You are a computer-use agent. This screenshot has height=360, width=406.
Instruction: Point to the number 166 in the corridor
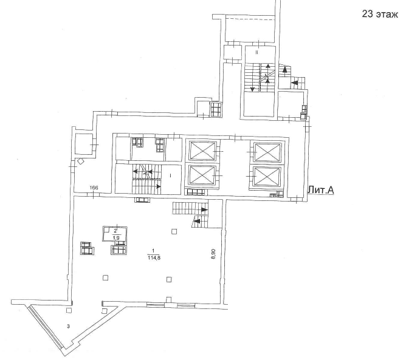94,188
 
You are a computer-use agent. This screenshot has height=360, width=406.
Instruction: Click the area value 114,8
153,257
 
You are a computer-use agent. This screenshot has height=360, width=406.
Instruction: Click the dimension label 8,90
213,254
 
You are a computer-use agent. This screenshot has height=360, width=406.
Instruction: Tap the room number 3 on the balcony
69,326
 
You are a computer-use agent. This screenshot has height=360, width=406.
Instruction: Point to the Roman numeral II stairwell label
257,53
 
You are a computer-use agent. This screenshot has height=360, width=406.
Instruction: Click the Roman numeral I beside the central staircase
171,175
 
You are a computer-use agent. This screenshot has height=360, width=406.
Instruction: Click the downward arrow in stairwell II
252,89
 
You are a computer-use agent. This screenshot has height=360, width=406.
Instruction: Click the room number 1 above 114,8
153,251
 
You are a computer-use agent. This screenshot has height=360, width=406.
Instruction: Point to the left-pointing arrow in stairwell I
136,171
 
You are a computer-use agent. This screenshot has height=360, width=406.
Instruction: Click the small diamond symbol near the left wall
81,161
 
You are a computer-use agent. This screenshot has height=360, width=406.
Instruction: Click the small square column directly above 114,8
174,231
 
